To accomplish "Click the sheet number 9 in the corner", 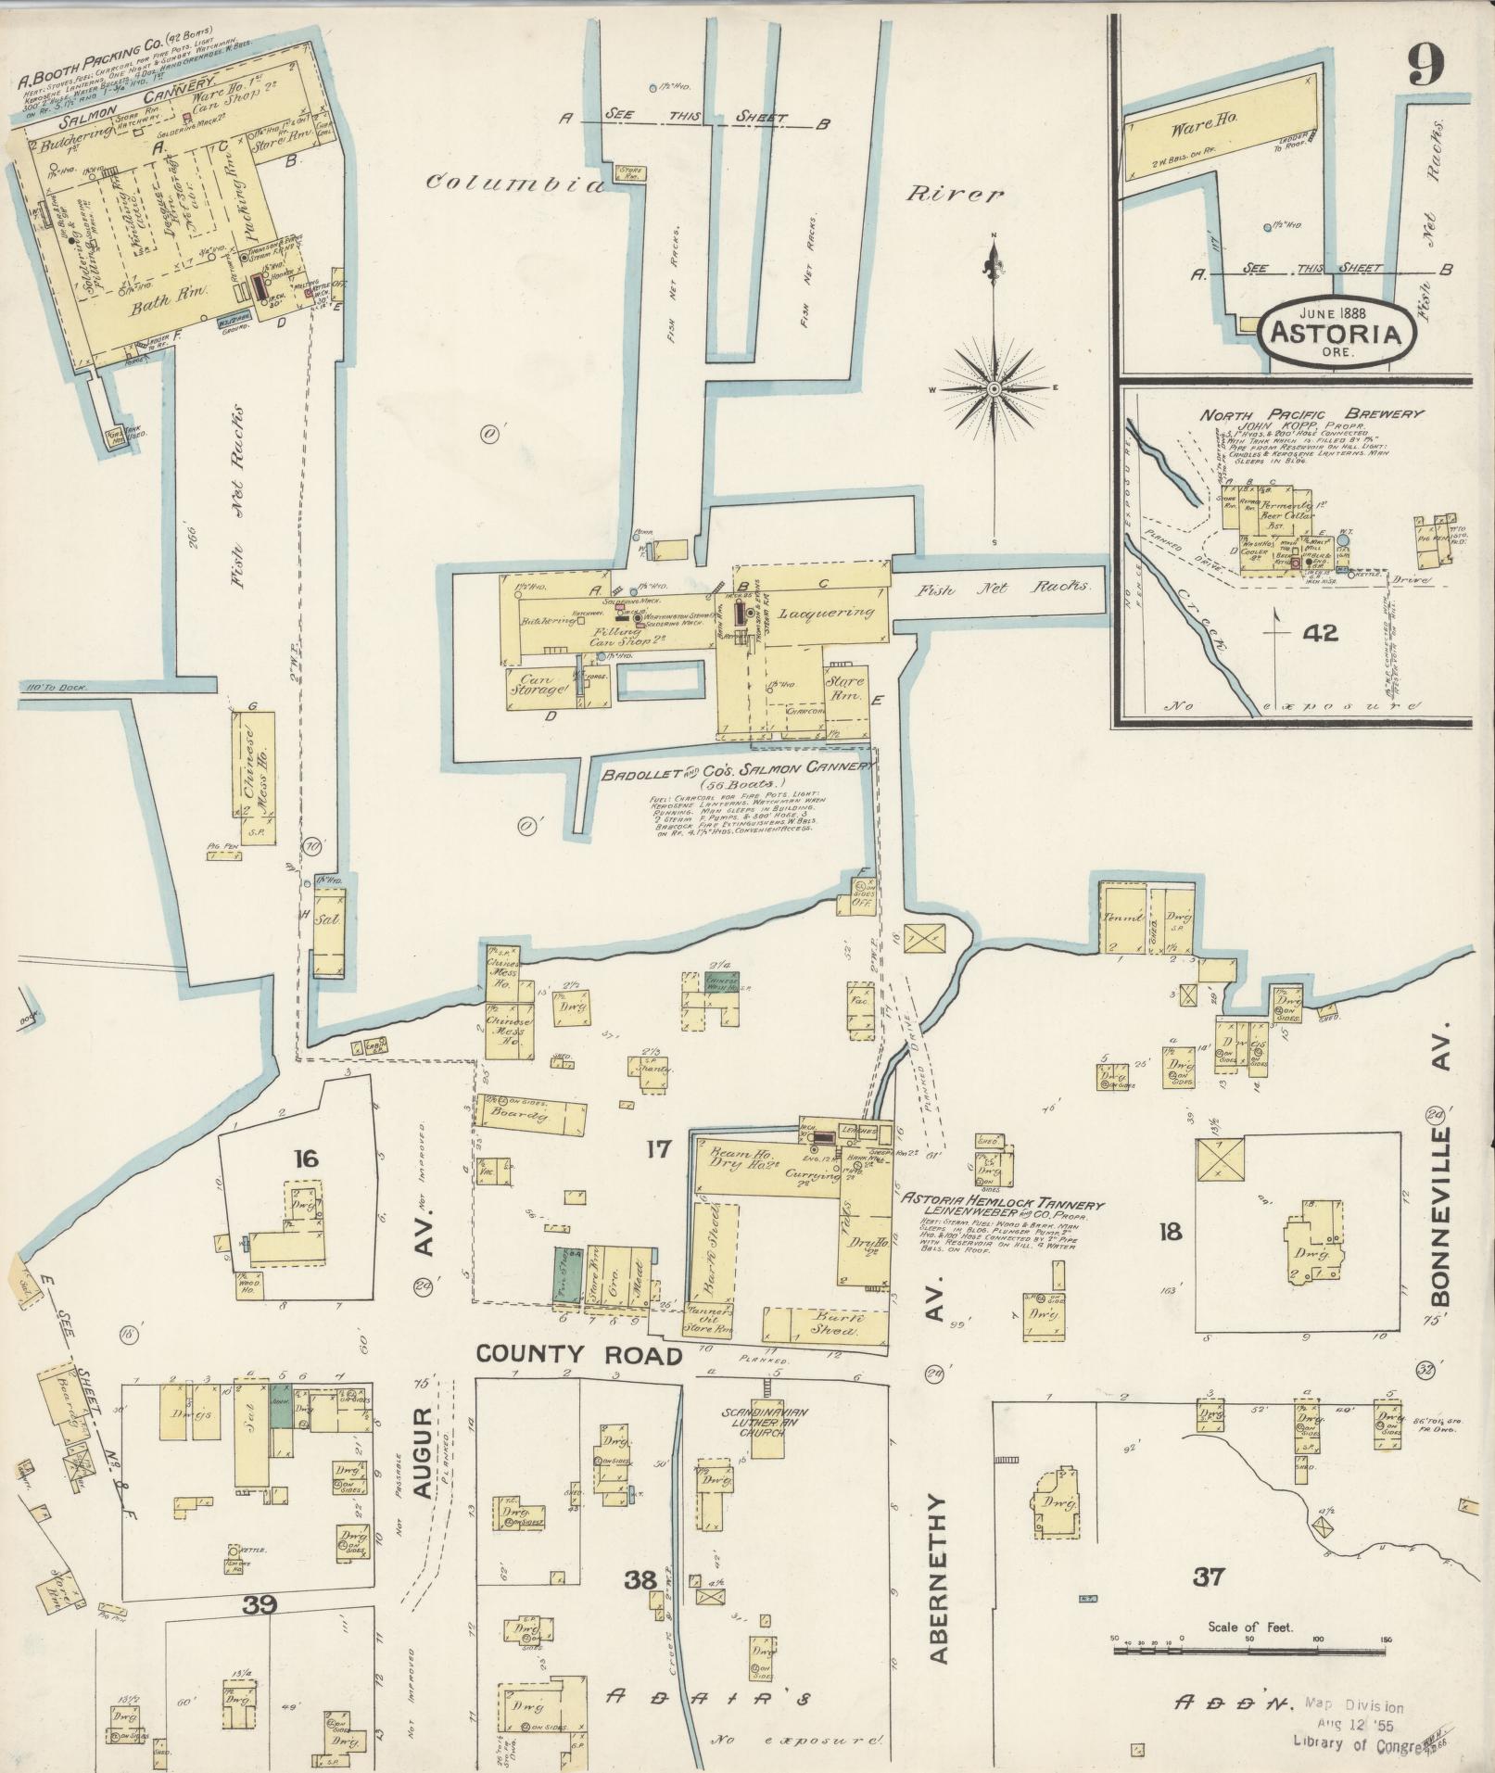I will [x=1426, y=64].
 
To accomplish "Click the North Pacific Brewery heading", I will [x=1311, y=415].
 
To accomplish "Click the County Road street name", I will [x=578, y=1356].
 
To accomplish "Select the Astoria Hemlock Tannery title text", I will [x=999, y=1206].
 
